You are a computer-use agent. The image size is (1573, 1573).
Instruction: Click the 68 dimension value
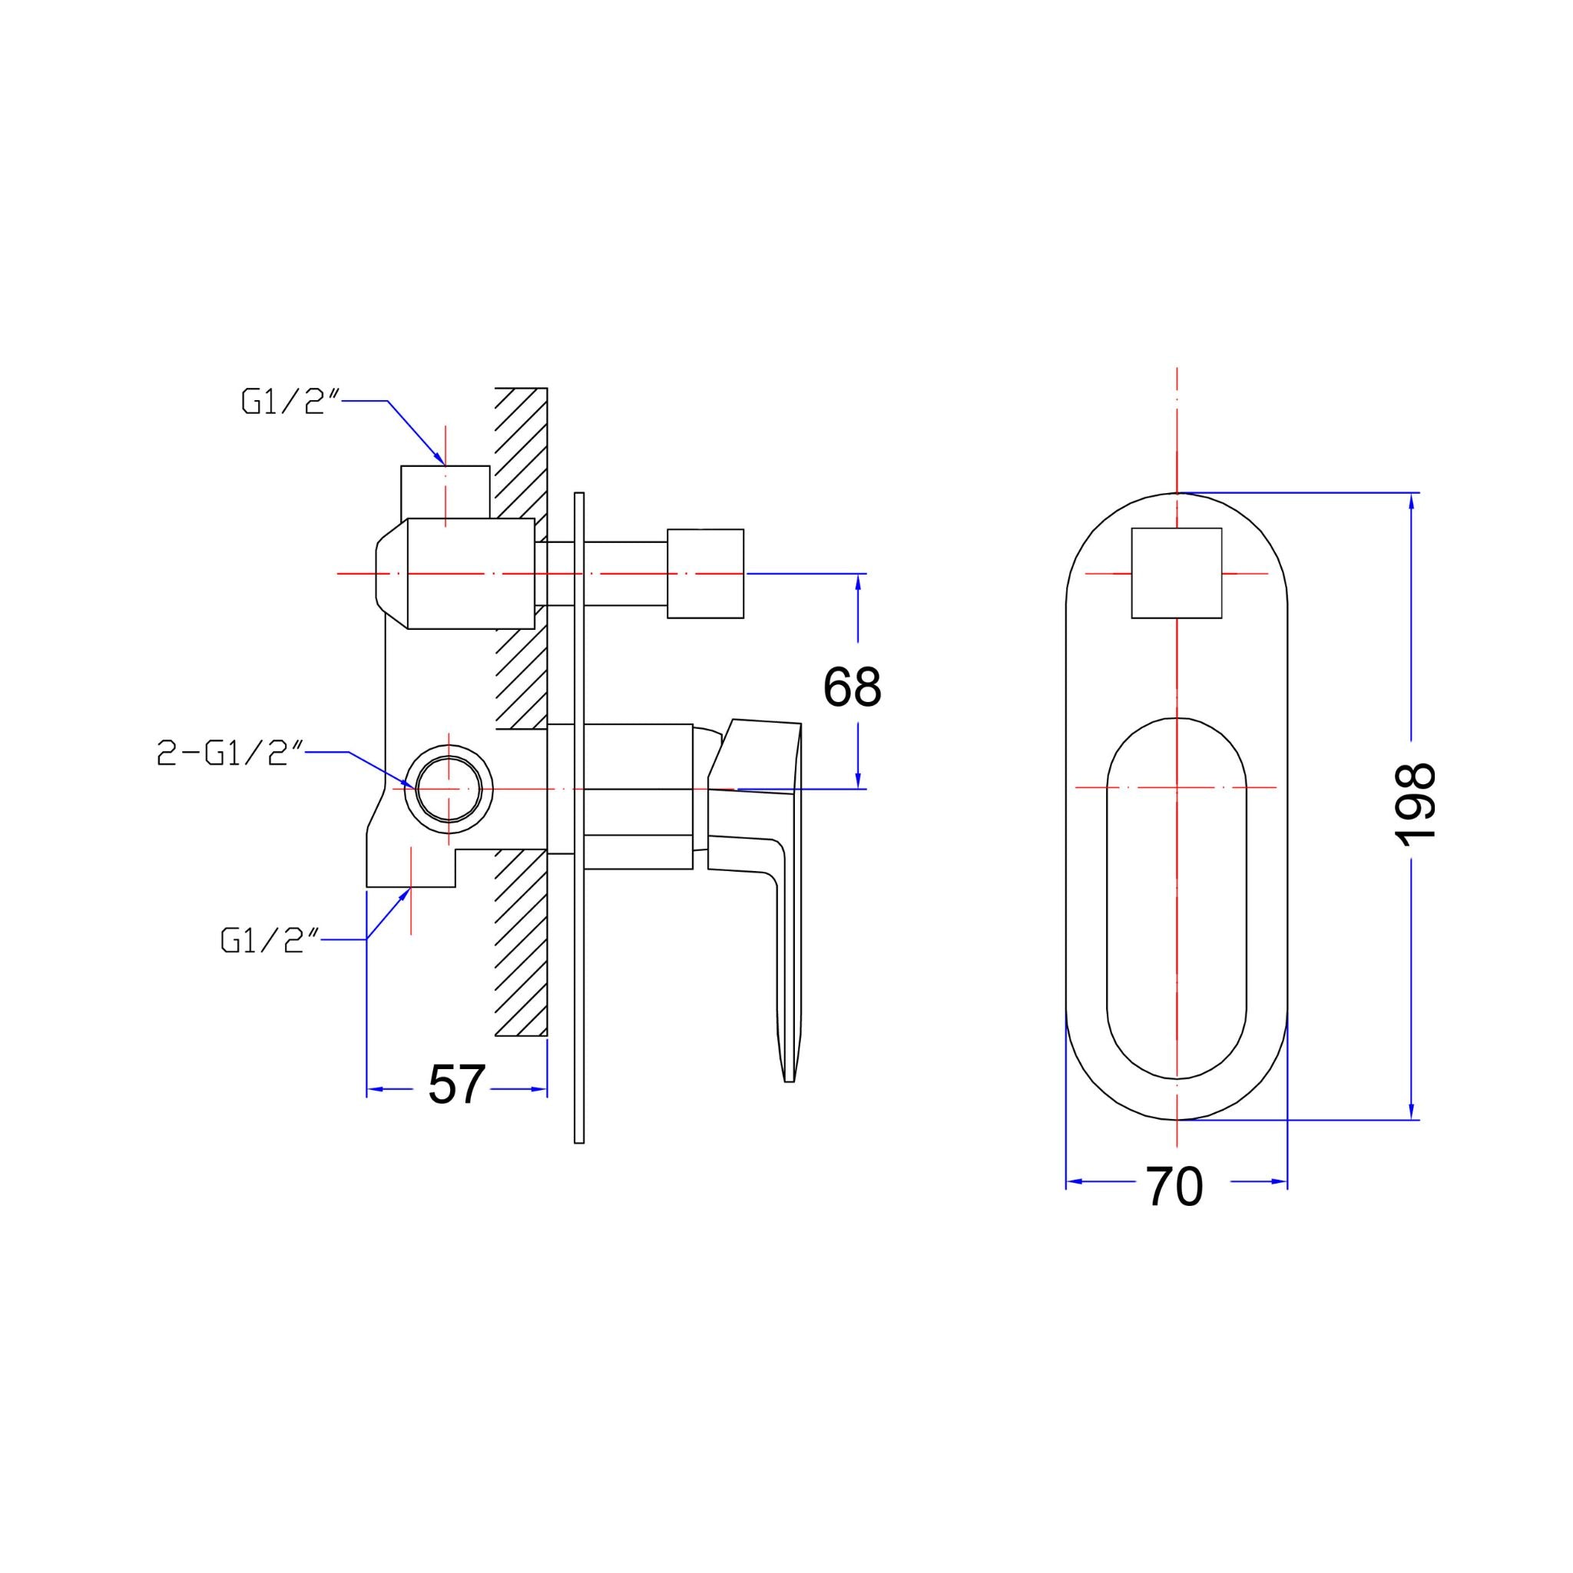tap(852, 687)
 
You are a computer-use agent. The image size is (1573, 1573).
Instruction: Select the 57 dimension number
tap(456, 1085)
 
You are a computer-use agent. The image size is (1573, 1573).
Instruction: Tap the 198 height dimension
tap(1415, 805)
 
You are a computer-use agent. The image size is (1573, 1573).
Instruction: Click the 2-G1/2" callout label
tap(230, 754)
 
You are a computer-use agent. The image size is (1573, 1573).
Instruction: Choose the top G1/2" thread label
tap(290, 402)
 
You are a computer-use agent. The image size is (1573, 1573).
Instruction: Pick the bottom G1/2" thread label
tap(269, 940)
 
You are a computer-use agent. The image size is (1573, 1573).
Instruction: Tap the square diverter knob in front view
tap(1177, 573)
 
